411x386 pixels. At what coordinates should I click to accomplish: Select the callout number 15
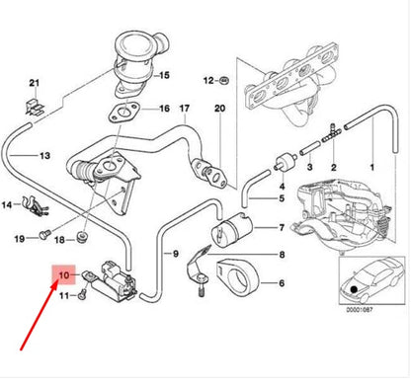pos(165,75)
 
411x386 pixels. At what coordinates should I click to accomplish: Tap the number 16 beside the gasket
pos(165,109)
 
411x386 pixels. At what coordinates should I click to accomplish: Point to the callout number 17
pos(183,123)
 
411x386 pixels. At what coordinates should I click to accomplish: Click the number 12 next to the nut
pos(207,78)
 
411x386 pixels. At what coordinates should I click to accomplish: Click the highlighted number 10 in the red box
pos(65,275)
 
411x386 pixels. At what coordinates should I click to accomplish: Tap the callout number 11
pos(65,295)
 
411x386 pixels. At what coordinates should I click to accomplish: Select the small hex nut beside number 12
pos(226,78)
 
